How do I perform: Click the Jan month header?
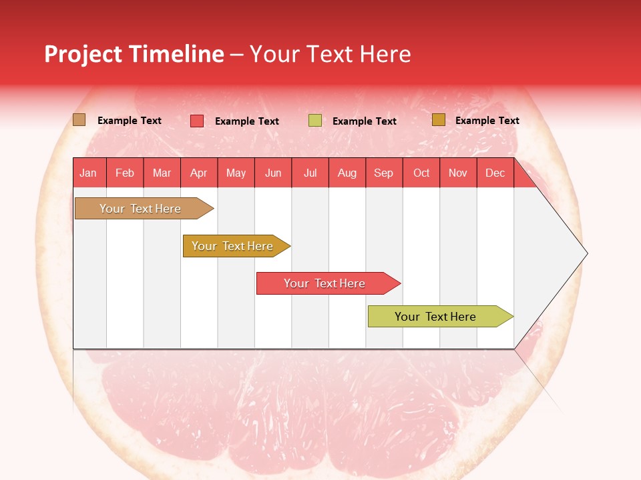pos(89,173)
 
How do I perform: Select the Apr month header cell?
pos(199,173)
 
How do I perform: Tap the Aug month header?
pos(347,173)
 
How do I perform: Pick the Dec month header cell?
pos(495,173)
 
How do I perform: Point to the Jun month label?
pos(273,173)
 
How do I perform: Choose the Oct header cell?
pos(421,173)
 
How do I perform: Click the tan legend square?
pos(79,120)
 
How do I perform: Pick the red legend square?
pos(197,121)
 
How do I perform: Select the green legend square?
pos(315,121)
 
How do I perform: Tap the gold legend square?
pos(438,120)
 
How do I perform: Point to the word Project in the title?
pos(83,54)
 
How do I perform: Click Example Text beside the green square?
pos(364,121)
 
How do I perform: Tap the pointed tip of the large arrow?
pos(586,253)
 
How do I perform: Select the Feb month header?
pos(125,173)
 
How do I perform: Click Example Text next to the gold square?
pos(487,121)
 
